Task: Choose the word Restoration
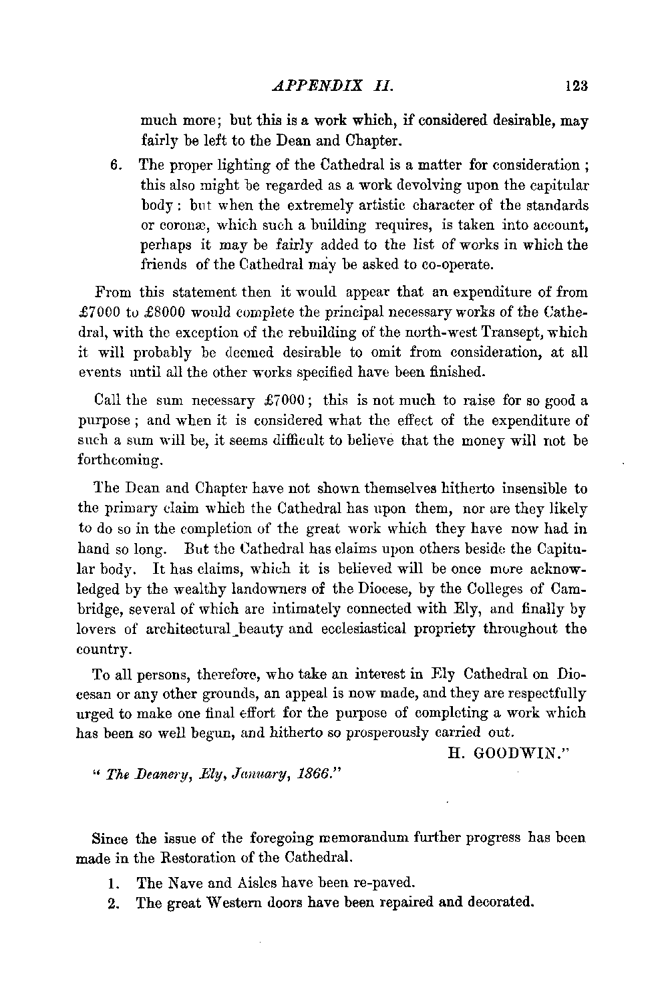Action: click(204, 856)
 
